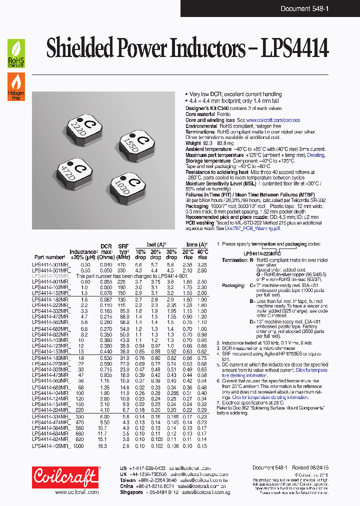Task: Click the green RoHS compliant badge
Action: coord(16,53)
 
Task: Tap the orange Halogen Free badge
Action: coord(16,86)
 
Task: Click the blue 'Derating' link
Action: coord(315,155)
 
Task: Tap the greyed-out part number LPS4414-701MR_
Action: coord(51,276)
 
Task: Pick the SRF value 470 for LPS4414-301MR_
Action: coord(121,264)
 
